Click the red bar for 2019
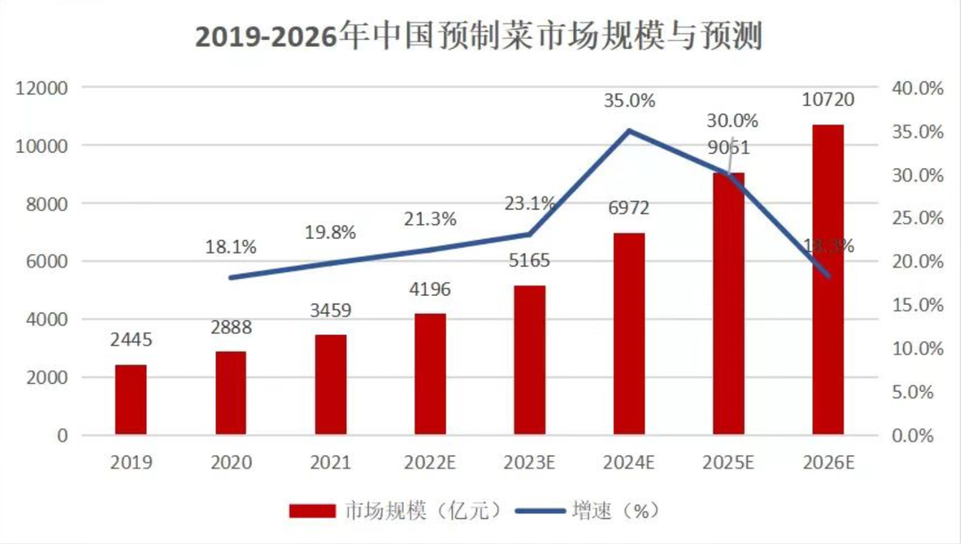pyautogui.click(x=131, y=400)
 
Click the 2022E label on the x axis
pyautogui.click(x=430, y=463)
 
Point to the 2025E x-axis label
pyautogui.click(x=729, y=463)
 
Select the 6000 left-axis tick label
pyautogui.click(x=49, y=261)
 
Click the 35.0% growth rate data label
pyautogui.click(x=629, y=100)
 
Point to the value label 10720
pyautogui.click(x=828, y=100)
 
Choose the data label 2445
pyautogui.click(x=131, y=341)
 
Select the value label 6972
pyautogui.click(x=629, y=208)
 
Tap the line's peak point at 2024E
pyautogui.click(x=629, y=131)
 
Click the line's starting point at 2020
pyautogui.click(x=230, y=277)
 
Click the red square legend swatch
pyautogui.click(x=311, y=510)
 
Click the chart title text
pyautogui.click(x=480, y=36)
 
